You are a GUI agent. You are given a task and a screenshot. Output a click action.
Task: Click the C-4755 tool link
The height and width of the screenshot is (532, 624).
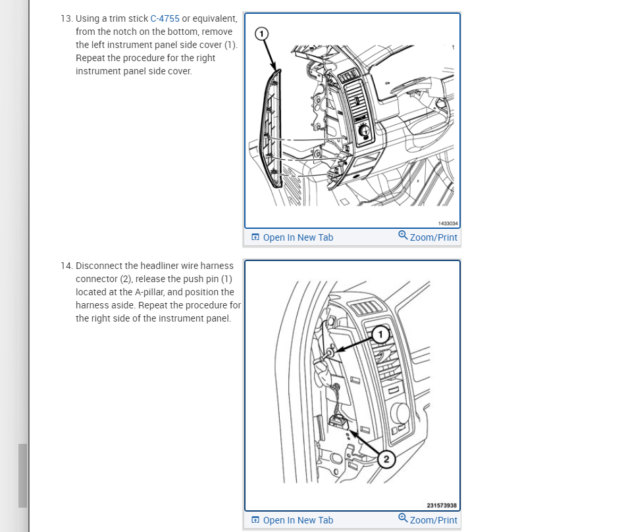pos(165,18)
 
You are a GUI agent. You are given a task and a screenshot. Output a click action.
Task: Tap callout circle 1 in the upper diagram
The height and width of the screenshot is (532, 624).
pos(262,33)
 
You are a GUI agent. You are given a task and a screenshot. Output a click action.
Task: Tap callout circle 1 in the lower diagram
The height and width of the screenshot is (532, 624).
pos(379,335)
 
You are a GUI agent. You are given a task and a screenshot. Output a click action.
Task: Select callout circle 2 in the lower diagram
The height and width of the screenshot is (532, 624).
pos(386,459)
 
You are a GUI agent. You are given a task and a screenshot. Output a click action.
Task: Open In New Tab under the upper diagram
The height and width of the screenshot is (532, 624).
pos(298,237)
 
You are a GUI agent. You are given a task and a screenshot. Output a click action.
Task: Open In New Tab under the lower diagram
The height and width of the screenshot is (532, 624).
pos(298,520)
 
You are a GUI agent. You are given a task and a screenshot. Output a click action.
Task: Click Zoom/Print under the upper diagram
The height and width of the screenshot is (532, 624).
pos(433,237)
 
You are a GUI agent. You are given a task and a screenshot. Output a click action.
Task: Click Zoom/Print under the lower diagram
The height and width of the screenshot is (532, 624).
pos(433,520)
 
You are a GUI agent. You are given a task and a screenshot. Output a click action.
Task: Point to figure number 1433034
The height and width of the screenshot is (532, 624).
pos(448,224)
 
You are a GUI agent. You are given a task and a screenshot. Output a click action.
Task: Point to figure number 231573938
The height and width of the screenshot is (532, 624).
pos(442,506)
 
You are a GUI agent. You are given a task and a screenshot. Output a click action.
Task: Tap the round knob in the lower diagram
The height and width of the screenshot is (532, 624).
pos(400,414)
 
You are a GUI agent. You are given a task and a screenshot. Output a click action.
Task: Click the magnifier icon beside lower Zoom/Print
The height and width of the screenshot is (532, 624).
pos(403,519)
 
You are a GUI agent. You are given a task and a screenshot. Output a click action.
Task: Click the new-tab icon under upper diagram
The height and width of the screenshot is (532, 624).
pos(255,237)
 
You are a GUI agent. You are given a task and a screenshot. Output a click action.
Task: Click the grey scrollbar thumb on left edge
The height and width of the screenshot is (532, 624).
pos(22,475)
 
